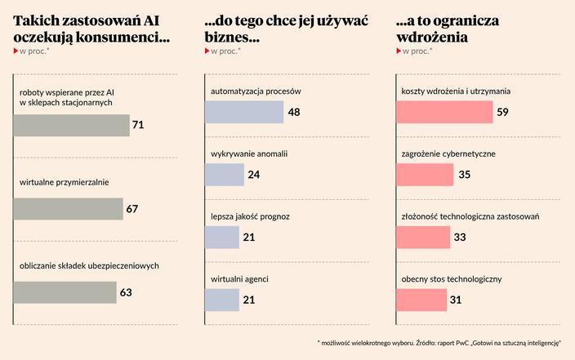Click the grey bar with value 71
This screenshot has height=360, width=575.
click(72, 125)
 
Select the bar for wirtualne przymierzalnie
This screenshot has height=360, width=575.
click(69, 209)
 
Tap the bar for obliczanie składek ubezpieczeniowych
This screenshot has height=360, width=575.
click(65, 292)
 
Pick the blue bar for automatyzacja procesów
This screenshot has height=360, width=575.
click(243, 112)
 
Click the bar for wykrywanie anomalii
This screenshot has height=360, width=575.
click(224, 175)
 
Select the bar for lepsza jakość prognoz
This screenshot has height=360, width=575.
click(221, 238)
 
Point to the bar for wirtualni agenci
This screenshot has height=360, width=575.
click(221, 300)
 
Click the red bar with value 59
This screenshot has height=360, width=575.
click(444, 112)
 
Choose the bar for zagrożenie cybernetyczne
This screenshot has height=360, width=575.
click(425, 175)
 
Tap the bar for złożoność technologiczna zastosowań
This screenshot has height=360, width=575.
click(423, 238)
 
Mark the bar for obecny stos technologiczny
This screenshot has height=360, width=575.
click(421, 300)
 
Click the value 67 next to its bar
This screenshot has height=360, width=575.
click(132, 209)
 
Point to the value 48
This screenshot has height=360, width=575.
click(294, 112)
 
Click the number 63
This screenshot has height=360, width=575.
click(126, 292)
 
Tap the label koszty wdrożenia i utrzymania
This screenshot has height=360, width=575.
click(456, 91)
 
